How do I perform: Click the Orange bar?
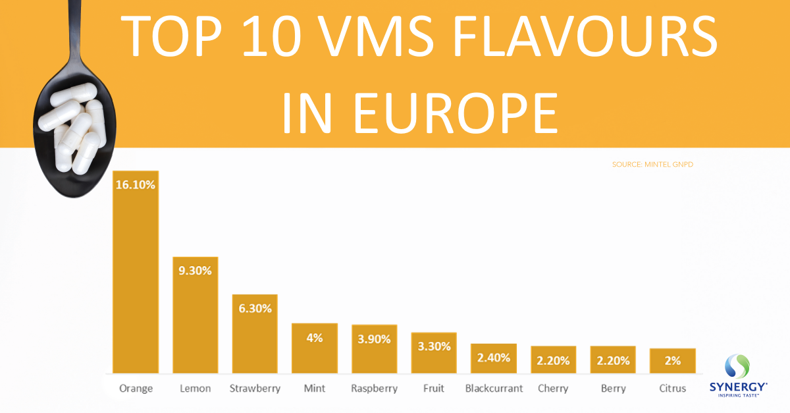[136, 277]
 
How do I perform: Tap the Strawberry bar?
[255, 336]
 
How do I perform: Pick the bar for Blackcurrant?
[494, 358]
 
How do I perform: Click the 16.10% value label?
[136, 185]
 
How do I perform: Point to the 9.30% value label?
[196, 271]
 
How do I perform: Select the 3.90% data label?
[374, 339]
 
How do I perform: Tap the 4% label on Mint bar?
[315, 338]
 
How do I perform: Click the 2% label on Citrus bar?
[672, 361]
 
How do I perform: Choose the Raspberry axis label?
[374, 389]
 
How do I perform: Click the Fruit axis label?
[434, 389]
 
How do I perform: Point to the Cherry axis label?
[553, 389]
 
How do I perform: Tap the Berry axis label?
[613, 389]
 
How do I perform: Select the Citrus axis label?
[672, 389]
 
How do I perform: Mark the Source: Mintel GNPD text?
[652, 164]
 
